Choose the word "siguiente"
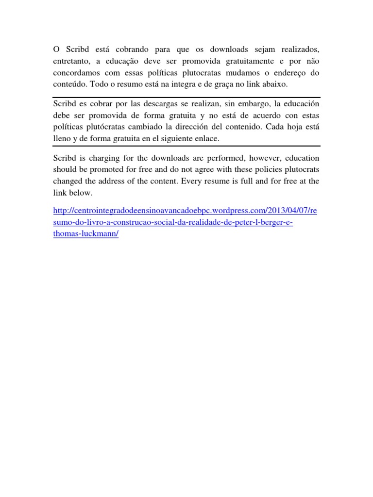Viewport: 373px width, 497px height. coord(174,139)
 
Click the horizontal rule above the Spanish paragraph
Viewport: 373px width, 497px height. coord(186,97)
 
